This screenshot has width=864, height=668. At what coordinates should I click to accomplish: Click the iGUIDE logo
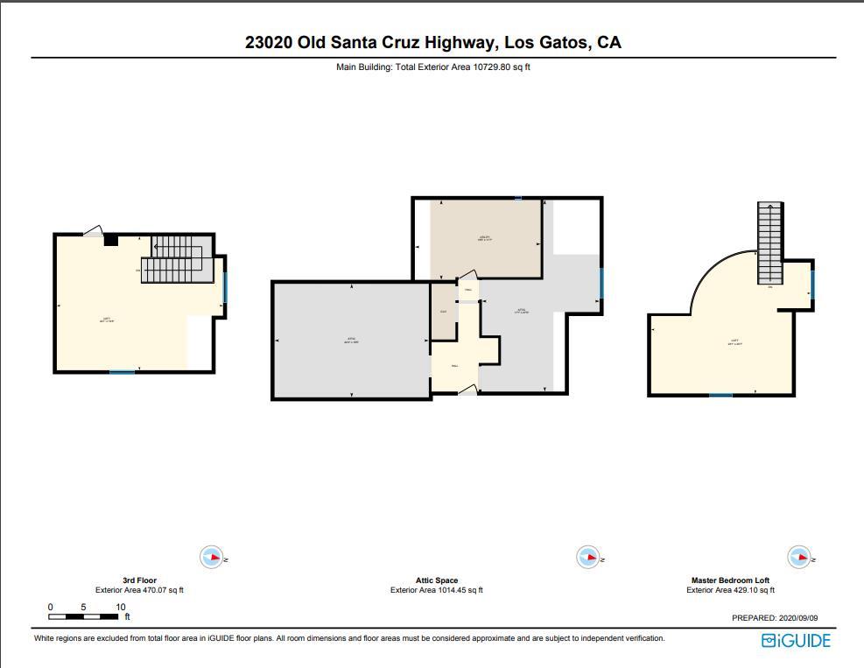[795, 641]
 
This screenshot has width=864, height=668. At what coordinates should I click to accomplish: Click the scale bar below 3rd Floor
[83, 617]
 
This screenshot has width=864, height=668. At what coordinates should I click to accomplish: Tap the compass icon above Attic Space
[587, 557]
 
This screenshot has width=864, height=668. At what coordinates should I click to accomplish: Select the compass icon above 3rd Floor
[211, 557]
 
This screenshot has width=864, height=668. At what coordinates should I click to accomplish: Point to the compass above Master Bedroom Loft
[797, 557]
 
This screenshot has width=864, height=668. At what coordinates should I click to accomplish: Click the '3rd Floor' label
[139, 580]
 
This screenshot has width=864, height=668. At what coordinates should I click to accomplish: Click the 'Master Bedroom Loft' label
[730, 580]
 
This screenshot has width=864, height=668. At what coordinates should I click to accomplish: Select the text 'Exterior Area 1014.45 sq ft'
[436, 590]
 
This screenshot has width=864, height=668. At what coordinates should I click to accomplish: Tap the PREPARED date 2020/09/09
[804, 618]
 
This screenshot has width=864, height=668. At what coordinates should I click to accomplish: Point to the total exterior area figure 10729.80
[491, 67]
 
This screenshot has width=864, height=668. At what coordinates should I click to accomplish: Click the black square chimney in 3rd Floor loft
[111, 240]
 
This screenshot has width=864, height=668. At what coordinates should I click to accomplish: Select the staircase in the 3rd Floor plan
[177, 258]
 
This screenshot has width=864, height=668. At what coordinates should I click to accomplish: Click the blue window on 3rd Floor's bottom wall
[122, 373]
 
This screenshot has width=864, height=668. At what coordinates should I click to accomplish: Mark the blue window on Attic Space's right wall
[601, 284]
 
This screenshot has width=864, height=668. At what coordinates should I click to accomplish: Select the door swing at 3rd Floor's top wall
[95, 231]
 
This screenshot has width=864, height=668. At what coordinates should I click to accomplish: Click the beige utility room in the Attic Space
[485, 239]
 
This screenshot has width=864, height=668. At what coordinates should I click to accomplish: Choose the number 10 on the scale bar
[120, 607]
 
